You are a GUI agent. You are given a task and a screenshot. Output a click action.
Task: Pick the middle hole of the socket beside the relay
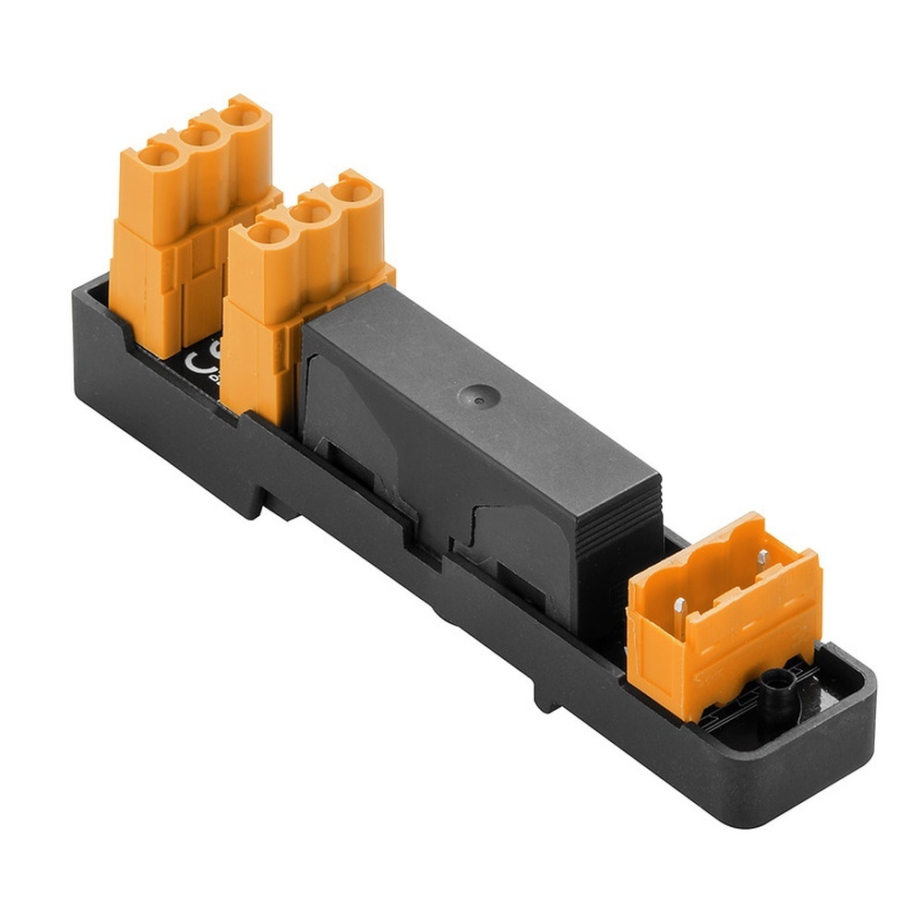[x=311, y=211]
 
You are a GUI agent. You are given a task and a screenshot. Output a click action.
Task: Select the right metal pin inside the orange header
[x=762, y=557]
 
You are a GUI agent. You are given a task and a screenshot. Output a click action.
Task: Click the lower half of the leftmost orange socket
[x=148, y=286]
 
